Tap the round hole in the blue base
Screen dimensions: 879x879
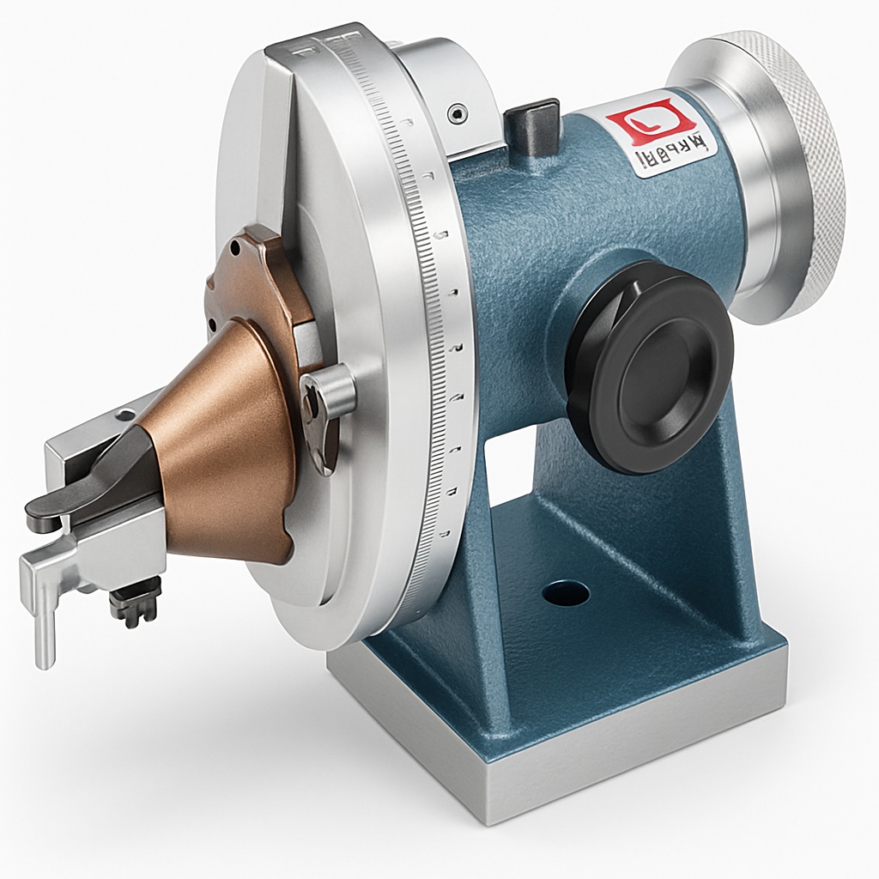pyautogui.click(x=566, y=592)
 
